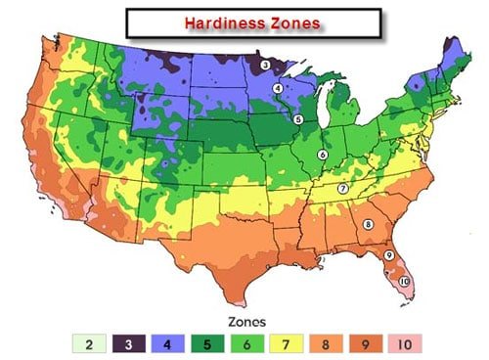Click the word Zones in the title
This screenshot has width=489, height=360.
[x=292, y=20]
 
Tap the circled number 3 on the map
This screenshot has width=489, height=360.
[x=266, y=65]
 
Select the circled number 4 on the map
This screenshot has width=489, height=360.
[x=278, y=88]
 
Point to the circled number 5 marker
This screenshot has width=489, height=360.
[x=298, y=119]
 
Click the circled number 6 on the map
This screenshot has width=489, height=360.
[x=322, y=155]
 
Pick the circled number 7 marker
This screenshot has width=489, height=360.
[x=342, y=188]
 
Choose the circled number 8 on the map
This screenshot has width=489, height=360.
[x=368, y=224]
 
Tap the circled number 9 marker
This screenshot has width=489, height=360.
[x=388, y=255]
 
